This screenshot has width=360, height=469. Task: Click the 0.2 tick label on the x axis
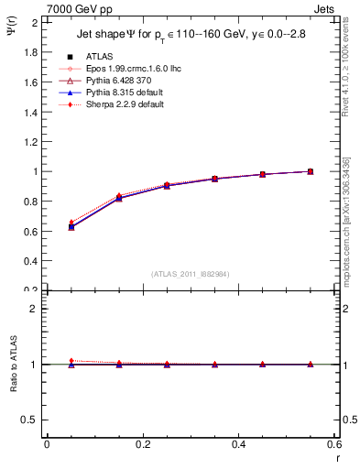(142, 444)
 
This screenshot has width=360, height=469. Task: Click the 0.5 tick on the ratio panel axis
(32, 420)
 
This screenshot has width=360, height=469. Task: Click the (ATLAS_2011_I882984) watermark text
(191, 274)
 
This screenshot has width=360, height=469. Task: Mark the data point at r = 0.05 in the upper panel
(71, 226)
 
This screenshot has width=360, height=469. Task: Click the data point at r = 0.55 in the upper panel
(310, 171)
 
